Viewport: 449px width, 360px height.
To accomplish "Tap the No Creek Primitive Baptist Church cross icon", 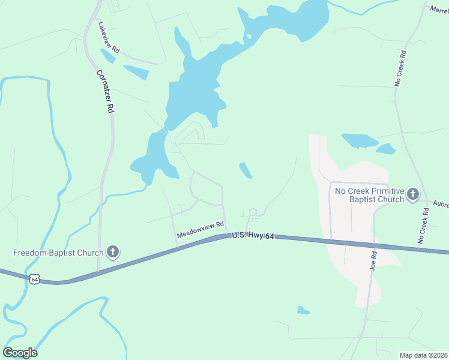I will coord(412,194).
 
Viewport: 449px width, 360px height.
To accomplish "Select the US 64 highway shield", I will coord(35,279).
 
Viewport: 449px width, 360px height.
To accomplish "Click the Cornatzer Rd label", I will coord(106,91).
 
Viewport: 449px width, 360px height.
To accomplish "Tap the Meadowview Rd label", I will coord(200,232).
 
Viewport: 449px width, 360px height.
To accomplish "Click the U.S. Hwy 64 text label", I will coord(253,237).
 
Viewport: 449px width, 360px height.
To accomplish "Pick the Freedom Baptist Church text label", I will coord(58,253).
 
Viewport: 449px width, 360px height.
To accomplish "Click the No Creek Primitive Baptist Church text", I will coord(369,195).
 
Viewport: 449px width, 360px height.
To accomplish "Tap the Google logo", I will coord(20,353).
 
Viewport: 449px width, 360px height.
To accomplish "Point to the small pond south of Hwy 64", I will coord(303,310).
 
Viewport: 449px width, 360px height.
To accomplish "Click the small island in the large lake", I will coord(247,37).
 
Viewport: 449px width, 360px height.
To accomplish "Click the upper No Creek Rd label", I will coord(400,68).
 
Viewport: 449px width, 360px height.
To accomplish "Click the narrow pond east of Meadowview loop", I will coord(245,170).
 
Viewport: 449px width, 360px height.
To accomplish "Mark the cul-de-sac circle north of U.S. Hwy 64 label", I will coord(253,212).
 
